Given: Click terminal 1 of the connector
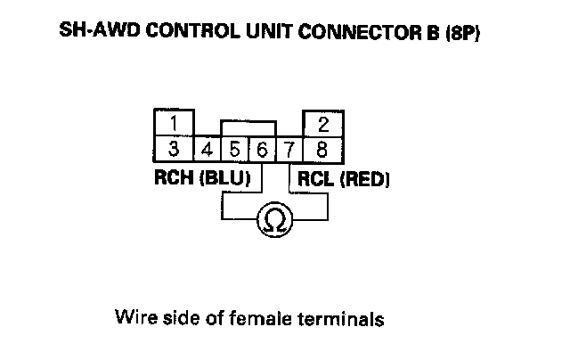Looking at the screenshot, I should point(175,122).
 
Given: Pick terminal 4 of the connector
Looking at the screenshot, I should point(208,148).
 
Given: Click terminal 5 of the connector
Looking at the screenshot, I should point(235,148).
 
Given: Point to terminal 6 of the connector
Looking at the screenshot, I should point(262,148).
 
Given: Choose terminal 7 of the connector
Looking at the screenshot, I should point(289,148).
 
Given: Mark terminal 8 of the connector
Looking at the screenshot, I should point(322,147).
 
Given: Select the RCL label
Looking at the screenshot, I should point(314,179).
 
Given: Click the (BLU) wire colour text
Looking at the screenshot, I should point(224,178).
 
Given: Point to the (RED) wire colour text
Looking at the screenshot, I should point(363,179).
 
